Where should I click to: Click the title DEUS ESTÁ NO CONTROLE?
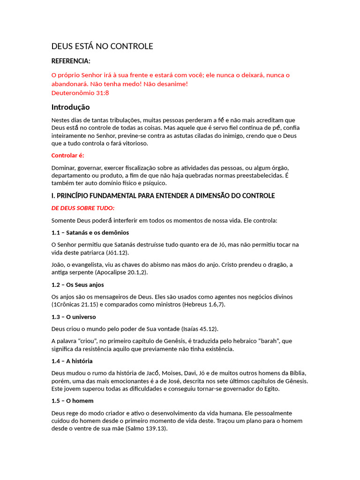(x=102, y=46)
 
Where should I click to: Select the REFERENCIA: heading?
(x=71, y=61)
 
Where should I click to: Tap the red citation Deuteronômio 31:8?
(x=80, y=93)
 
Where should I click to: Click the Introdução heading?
(x=70, y=107)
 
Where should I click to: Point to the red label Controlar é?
(x=67, y=156)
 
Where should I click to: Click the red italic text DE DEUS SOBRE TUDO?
(x=83, y=208)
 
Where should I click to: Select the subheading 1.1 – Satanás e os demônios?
(x=90, y=232)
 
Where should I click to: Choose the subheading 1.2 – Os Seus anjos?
(x=77, y=285)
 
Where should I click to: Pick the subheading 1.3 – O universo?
(x=74, y=317)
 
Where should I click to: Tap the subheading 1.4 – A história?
(x=72, y=361)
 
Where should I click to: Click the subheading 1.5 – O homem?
(x=72, y=401)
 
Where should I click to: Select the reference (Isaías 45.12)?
(x=197, y=329)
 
